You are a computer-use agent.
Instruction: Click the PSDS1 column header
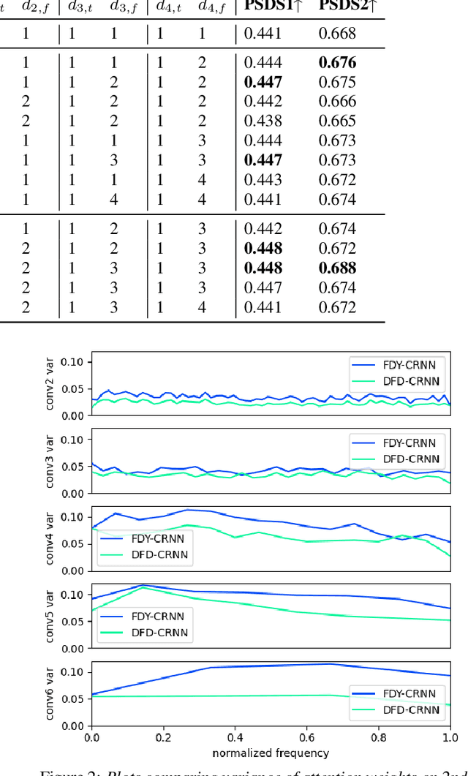pyautogui.click(x=272, y=7)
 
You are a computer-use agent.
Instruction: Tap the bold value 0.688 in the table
pyautogui.click(x=337, y=268)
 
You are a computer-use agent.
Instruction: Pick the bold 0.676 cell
pyautogui.click(x=337, y=63)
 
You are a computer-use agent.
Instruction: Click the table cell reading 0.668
pyautogui.click(x=337, y=33)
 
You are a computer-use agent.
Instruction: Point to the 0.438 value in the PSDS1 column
pyautogui.click(x=263, y=121)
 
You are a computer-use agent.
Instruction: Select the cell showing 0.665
pyautogui.click(x=337, y=121)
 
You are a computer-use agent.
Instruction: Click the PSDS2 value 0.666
pyautogui.click(x=337, y=102)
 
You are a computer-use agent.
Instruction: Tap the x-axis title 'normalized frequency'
pyautogui.click(x=271, y=753)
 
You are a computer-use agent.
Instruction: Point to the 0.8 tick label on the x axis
pyautogui.click(x=379, y=738)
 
